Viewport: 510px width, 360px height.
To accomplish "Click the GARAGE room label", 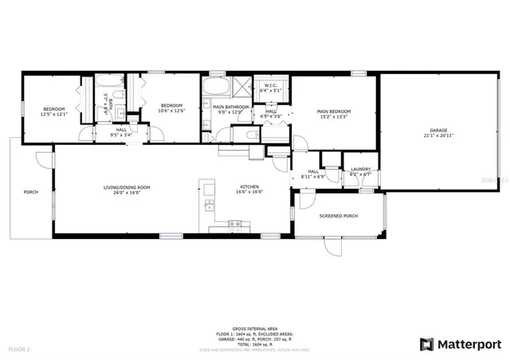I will point(437,130).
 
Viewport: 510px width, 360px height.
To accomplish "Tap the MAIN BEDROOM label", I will point(333,112).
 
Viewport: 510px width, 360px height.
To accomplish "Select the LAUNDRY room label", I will point(361,169).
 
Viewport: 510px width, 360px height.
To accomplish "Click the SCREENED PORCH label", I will point(338,216).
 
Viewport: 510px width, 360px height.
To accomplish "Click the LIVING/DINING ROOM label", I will point(127,187).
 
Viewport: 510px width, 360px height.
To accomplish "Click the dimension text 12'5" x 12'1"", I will point(54,112).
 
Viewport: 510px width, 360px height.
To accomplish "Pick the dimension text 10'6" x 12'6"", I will point(171,111).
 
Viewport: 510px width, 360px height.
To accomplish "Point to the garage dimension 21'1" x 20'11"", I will point(437,135).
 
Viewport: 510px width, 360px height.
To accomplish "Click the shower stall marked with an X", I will point(241,85).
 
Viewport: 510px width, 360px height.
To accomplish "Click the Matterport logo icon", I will point(427,344).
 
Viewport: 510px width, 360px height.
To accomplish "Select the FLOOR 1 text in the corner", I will point(19,349).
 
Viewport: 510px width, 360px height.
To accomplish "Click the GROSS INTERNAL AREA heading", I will point(254,328).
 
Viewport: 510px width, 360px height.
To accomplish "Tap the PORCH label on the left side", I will point(30,192).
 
